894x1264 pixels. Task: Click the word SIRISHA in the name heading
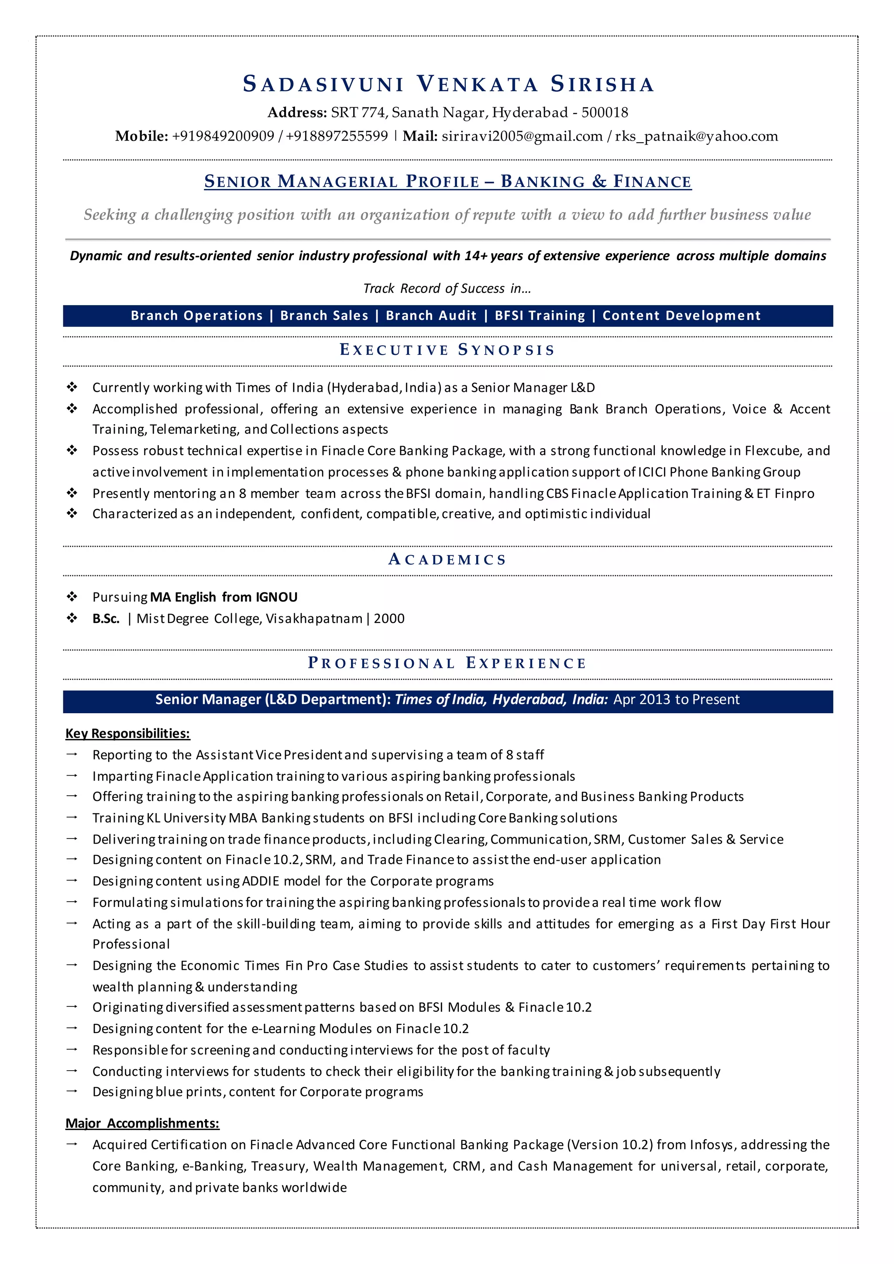602,84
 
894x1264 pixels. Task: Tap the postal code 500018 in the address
605,112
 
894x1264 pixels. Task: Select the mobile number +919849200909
223,136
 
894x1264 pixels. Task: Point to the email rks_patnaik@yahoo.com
696,136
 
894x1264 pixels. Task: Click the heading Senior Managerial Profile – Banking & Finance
447,181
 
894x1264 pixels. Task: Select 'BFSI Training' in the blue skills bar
540,316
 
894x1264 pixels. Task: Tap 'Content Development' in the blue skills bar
681,316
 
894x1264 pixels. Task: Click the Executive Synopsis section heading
447,350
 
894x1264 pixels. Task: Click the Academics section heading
447,560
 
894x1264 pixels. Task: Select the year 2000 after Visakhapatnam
389,619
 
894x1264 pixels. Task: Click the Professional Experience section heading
447,663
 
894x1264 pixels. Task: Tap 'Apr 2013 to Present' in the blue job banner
677,700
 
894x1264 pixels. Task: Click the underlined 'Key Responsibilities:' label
128,733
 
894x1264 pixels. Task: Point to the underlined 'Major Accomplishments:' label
142,1123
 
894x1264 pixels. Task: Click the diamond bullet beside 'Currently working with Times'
72,387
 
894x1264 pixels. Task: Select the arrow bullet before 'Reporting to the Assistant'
72,754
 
